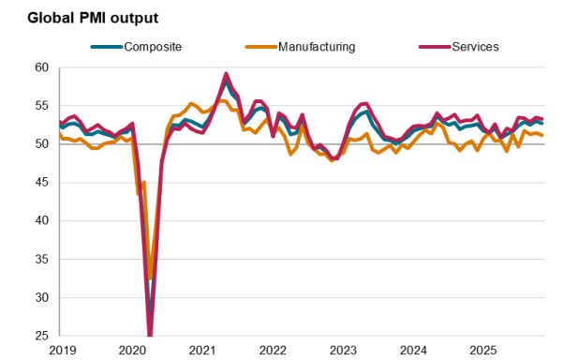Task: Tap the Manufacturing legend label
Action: [x=317, y=47]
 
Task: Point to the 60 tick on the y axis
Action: [x=40, y=67]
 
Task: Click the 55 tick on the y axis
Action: [x=40, y=106]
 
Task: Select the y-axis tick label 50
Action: [x=40, y=144]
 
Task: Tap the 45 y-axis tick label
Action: [x=40, y=183]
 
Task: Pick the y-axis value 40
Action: [x=40, y=221]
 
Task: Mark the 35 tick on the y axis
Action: [x=40, y=260]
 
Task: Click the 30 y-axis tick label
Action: [x=40, y=298]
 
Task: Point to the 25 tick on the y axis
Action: [x=40, y=336]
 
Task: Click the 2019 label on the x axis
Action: [x=62, y=350]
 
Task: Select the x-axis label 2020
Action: [x=132, y=350]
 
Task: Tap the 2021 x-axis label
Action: [x=202, y=350]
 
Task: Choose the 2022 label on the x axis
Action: [x=273, y=350]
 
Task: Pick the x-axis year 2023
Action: [x=343, y=350]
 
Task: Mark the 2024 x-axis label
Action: [x=413, y=350]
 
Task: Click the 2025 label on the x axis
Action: [x=482, y=350]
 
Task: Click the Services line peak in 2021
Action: [x=226, y=73]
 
